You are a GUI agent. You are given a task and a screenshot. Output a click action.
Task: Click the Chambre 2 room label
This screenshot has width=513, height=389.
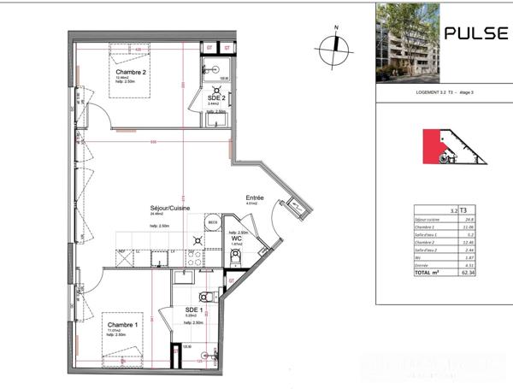[132, 74]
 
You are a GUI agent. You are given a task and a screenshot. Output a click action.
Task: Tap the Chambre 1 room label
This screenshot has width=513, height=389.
[122, 325]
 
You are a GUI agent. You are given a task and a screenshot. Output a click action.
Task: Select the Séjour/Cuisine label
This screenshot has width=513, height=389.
[169, 209]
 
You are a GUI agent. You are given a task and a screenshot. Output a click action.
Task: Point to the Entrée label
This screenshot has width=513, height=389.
[254, 197]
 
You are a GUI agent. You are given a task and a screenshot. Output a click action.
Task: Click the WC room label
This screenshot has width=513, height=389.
[237, 239]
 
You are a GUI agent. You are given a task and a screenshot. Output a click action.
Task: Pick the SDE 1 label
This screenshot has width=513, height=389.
[192, 309]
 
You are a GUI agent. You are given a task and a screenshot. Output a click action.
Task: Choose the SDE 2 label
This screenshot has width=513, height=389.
[216, 97]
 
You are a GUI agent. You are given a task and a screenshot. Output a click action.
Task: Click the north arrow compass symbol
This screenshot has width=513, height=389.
[336, 45]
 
